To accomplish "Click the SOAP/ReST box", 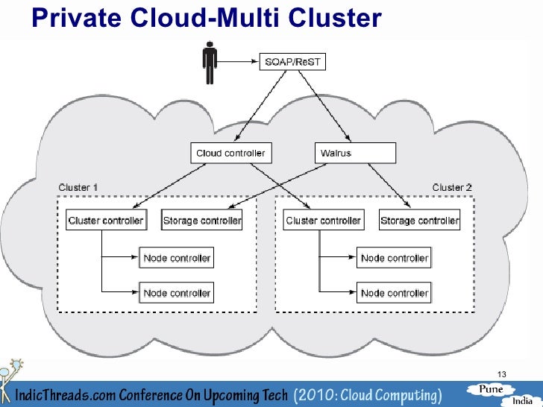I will click(x=292, y=61).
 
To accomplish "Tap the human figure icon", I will click(x=210, y=63).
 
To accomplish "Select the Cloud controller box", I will click(x=230, y=154).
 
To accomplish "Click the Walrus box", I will click(x=354, y=154).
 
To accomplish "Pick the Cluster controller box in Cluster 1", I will click(x=105, y=220).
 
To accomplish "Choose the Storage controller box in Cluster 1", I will click(x=201, y=220).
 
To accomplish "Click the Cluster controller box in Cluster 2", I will click(x=323, y=220).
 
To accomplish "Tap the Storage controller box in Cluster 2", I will click(x=419, y=220).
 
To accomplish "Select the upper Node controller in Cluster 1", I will click(x=177, y=258).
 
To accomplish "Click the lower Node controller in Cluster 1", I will click(x=177, y=292).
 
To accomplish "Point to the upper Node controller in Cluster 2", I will click(x=395, y=258).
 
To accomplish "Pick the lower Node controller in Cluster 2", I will click(x=395, y=292).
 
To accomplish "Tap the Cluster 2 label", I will click(x=452, y=187).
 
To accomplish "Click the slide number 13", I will click(x=500, y=373).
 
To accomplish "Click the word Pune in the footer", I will click(x=492, y=389).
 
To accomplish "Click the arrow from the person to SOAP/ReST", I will click(x=239, y=61).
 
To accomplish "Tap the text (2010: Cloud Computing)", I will click(x=367, y=394).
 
